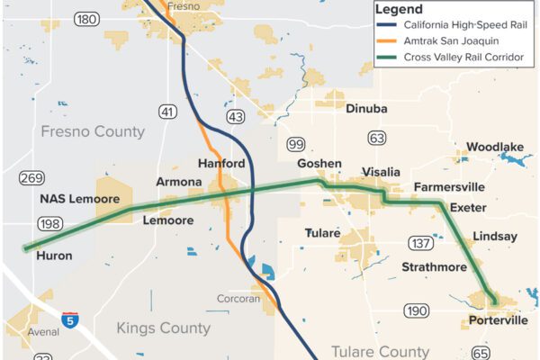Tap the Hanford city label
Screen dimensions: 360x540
[x=221, y=164]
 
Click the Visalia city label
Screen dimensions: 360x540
[x=380, y=171]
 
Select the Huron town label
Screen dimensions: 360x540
[x=54, y=256]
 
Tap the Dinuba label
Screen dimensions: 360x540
[x=366, y=109]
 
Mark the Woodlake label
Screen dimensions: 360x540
[x=495, y=147]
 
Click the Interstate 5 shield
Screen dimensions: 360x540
[x=70, y=319]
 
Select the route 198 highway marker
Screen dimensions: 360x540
[x=49, y=223]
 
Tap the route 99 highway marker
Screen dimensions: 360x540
[x=295, y=144]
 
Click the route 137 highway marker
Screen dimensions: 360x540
[x=395, y=243]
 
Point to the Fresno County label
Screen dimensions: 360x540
[x=93, y=131]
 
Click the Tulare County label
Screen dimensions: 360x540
[x=380, y=351]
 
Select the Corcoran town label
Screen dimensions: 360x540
[x=238, y=299]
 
